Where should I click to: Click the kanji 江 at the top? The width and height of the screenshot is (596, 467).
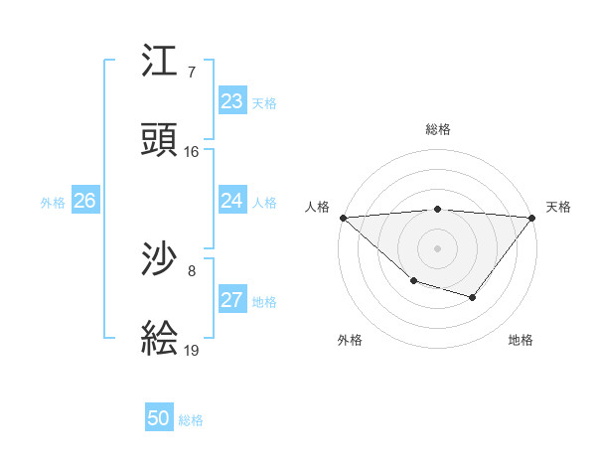[x=160, y=62]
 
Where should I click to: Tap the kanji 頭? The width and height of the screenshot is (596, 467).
[x=160, y=140]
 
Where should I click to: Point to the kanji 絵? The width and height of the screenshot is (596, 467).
[x=160, y=339]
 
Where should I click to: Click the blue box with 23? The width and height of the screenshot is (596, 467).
[x=232, y=101]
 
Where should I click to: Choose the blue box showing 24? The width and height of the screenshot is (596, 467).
[x=232, y=201]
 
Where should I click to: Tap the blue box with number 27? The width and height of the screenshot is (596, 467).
[x=232, y=300]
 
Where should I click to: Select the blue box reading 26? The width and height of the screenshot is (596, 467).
[x=85, y=201]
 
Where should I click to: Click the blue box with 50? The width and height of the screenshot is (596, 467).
[x=159, y=418]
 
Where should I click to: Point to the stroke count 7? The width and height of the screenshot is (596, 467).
[x=192, y=73]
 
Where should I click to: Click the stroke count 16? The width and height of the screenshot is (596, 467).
[x=192, y=152]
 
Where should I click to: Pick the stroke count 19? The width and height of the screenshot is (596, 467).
[x=192, y=350]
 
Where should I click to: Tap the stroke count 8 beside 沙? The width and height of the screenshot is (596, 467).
[x=192, y=270]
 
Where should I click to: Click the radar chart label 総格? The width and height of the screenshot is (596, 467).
[x=438, y=129]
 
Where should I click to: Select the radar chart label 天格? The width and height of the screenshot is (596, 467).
[x=558, y=207]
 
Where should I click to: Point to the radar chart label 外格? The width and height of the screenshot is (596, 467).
[x=350, y=340]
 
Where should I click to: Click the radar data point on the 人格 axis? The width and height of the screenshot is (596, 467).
[x=343, y=217]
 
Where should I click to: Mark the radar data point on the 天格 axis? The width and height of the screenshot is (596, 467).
[x=533, y=217]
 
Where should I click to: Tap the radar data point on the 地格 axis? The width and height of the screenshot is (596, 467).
[x=473, y=297]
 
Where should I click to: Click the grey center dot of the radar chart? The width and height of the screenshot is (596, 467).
[x=438, y=247]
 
